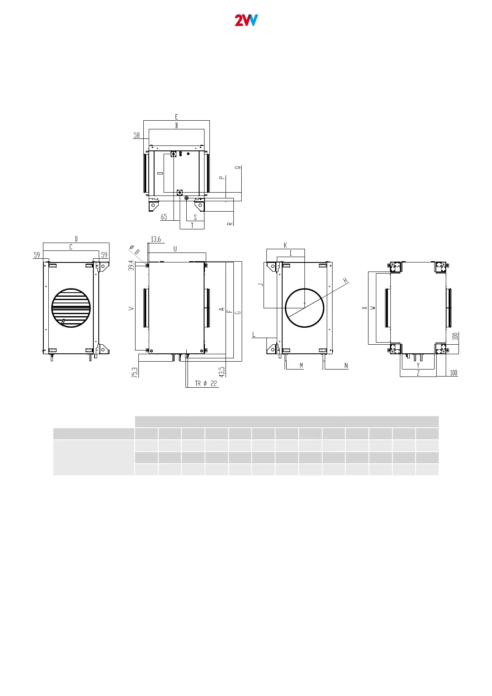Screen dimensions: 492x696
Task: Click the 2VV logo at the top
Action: [x=246, y=20]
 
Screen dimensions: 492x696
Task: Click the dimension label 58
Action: [x=137, y=135]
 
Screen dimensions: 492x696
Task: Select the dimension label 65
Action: [x=164, y=217]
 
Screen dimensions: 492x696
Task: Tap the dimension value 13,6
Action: [x=156, y=239]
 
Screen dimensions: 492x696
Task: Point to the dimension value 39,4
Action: [x=131, y=265]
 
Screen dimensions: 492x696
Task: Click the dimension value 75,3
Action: [x=135, y=372]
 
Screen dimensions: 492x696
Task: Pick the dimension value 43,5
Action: [x=222, y=372]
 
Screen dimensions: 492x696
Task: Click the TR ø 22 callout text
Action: [x=206, y=384]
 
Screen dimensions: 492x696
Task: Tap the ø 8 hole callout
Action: [x=135, y=250]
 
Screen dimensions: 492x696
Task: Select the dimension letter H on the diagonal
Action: [x=345, y=281]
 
